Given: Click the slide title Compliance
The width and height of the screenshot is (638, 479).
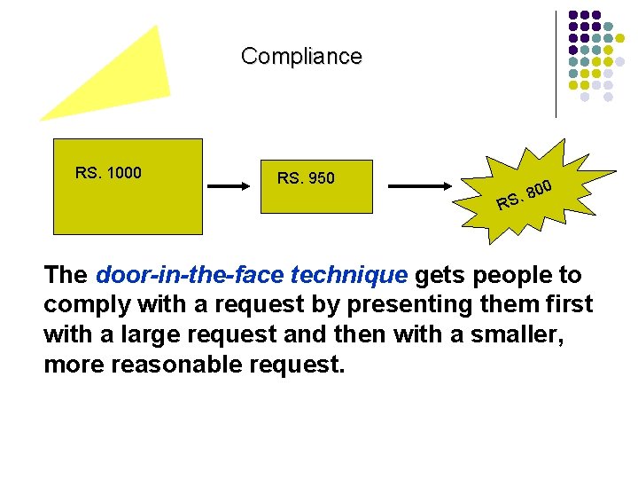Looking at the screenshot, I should [x=301, y=57].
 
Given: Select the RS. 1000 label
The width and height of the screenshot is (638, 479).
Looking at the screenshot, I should [x=108, y=173].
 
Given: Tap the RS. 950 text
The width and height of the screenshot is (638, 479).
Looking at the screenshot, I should [x=306, y=178].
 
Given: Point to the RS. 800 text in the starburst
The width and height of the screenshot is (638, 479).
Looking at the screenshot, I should [x=525, y=196].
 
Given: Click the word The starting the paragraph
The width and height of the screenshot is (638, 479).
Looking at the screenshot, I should [x=66, y=276].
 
